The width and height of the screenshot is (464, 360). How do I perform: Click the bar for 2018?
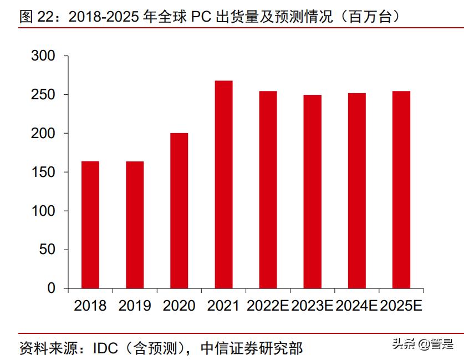coord(90,225)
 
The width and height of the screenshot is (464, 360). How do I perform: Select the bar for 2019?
coord(135,225)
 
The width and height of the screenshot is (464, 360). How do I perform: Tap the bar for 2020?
coord(179,211)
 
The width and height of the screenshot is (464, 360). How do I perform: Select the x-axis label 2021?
coord(223,306)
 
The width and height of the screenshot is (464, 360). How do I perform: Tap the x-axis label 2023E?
coord(312,306)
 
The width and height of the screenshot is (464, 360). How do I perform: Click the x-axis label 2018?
coord(90,306)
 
